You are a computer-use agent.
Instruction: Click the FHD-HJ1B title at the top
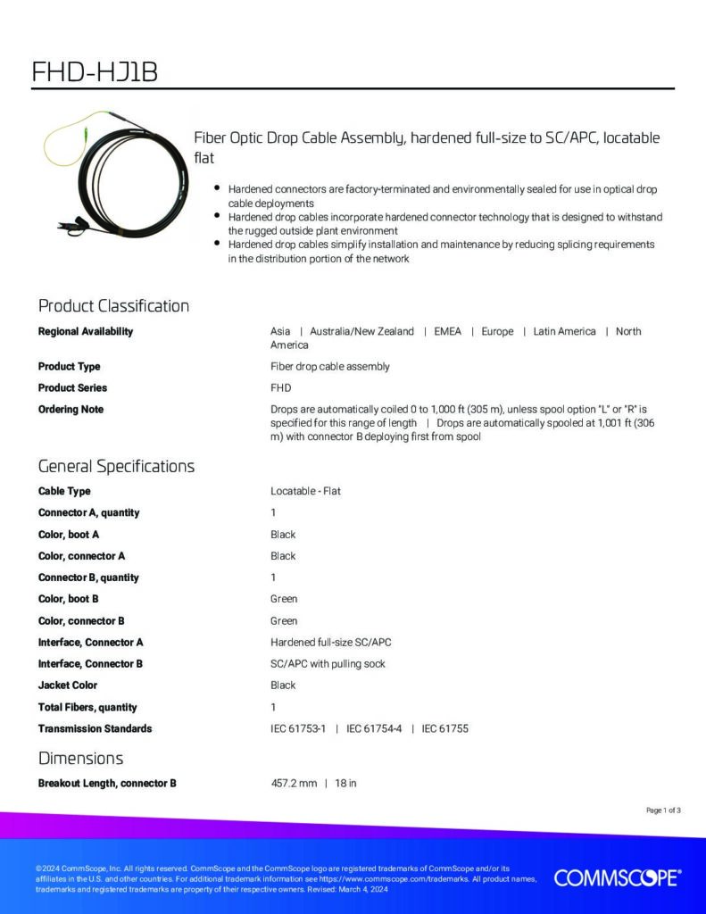coord(95,71)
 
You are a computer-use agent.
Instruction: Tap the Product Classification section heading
coord(113,306)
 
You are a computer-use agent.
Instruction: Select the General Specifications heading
coord(116,466)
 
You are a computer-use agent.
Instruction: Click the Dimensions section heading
coord(80,759)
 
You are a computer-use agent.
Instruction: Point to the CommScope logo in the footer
coord(618,878)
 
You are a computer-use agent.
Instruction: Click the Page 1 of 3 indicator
coord(663,810)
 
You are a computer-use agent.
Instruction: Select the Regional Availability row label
coord(86,331)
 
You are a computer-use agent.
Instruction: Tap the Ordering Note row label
coord(71,410)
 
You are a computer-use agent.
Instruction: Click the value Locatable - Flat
coord(305,491)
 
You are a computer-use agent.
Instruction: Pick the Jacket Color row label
coord(68,685)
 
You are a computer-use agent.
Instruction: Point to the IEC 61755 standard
coord(445,729)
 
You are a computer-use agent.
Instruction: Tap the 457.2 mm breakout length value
coord(294,784)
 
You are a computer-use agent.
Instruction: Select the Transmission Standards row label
coord(95,729)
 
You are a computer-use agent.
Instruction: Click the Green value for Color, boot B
coord(284,599)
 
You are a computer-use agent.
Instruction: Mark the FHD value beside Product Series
coord(280,388)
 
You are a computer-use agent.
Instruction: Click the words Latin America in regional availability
coord(564,331)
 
